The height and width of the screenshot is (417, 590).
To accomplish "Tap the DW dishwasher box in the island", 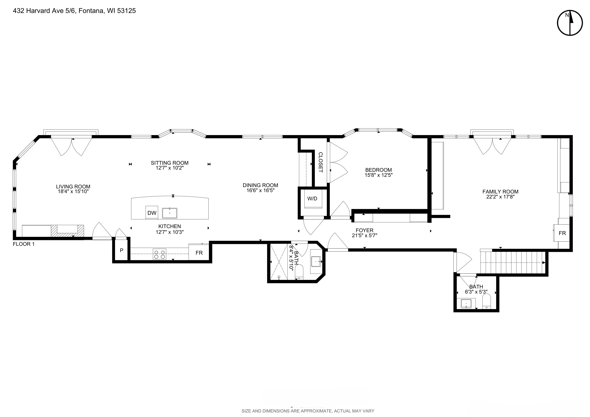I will click(x=152, y=213).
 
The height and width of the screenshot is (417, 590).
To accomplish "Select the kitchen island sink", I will click(x=170, y=213).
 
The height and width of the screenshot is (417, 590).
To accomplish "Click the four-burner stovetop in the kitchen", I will click(x=159, y=254).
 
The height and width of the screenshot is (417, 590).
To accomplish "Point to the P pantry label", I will click(x=122, y=250).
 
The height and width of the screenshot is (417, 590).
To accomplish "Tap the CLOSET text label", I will click(x=320, y=162).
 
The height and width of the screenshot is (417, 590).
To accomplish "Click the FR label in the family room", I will click(x=562, y=233).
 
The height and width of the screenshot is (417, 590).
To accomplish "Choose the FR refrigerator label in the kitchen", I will click(x=199, y=253).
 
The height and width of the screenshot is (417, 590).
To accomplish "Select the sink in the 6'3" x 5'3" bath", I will click(x=466, y=304).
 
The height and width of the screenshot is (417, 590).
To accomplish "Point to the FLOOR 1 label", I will click(x=24, y=244).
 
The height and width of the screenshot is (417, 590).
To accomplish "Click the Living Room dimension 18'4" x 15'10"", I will click(x=73, y=192).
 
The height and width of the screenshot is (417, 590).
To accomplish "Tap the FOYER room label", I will click(x=364, y=230).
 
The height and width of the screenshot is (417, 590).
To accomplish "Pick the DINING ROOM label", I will click(x=260, y=185).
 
